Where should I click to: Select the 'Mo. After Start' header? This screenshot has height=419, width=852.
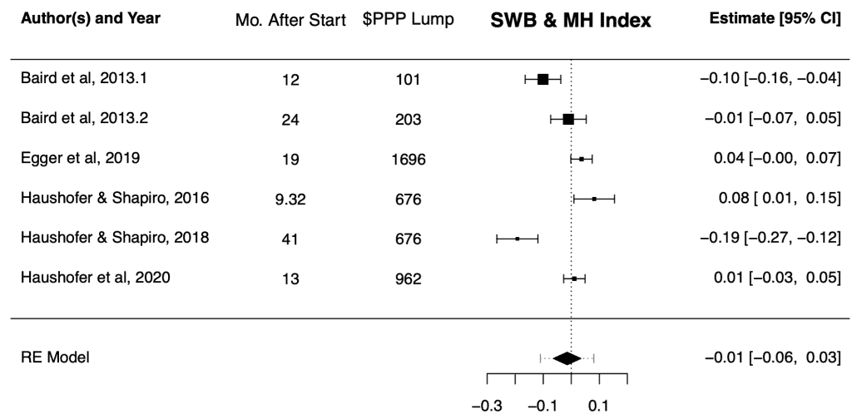click(x=291, y=21)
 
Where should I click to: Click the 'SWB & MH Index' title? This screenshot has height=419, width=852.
click(x=571, y=22)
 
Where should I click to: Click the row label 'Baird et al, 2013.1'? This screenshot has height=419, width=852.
click(x=78, y=79)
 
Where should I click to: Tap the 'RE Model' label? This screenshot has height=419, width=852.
click(x=55, y=358)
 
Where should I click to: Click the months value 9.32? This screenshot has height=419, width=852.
click(x=291, y=199)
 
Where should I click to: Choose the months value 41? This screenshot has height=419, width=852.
click(x=291, y=239)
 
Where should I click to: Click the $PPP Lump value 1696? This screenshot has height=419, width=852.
click(x=409, y=159)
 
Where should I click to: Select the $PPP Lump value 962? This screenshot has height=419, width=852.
click(x=409, y=279)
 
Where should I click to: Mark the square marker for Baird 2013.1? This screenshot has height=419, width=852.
click(x=543, y=79)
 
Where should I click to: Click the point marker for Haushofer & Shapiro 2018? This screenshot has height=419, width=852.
click(x=518, y=239)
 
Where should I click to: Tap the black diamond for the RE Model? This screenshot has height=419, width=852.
click(x=567, y=358)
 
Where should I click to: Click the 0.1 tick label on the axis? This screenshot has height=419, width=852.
click(x=598, y=407)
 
